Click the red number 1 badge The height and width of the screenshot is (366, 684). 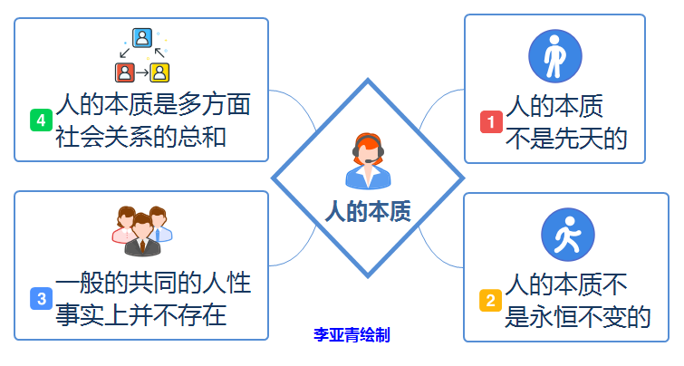pyautogui.click(x=490, y=121)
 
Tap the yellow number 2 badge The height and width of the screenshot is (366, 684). pyautogui.click(x=489, y=300)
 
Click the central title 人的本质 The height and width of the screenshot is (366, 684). pyautogui.click(x=368, y=212)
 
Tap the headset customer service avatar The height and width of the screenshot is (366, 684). pyautogui.click(x=367, y=160)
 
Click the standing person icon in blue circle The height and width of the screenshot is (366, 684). pyautogui.click(x=554, y=56)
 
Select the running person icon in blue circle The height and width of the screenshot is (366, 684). pyautogui.click(x=567, y=235)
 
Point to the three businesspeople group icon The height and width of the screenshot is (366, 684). pyautogui.click(x=142, y=230)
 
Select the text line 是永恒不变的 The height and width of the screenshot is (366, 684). pyautogui.click(x=578, y=315)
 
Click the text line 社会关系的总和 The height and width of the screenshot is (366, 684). pyautogui.click(x=140, y=137)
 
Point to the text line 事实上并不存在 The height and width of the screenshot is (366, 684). pyautogui.click(x=140, y=314)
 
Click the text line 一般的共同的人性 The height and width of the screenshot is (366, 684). pyautogui.click(x=152, y=282)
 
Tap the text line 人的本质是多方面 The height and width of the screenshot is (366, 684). pyautogui.click(x=152, y=104)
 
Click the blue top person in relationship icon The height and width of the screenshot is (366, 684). pyautogui.click(x=141, y=38)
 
